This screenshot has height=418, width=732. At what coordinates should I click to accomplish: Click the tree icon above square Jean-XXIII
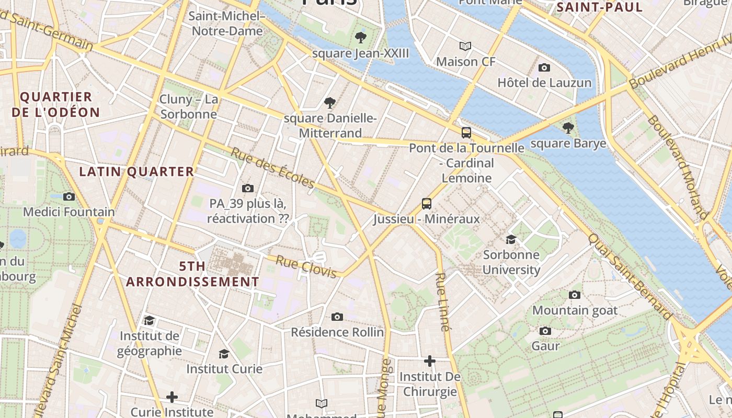coord(360,37)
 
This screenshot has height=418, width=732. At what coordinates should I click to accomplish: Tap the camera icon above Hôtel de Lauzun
coord(544,67)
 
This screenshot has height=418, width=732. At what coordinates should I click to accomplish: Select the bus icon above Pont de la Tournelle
coord(466,133)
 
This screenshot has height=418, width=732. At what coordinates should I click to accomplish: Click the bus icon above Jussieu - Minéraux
coord(427,203)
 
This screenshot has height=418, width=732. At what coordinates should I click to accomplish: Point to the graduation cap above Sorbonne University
coord(511,239)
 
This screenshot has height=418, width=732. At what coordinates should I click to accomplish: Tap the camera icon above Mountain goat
coord(575,295)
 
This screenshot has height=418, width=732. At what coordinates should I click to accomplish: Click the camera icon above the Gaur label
coord(545,331)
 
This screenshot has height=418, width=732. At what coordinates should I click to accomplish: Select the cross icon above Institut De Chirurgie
coord(430,361)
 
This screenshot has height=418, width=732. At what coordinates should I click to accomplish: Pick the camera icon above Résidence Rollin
coord(337,317)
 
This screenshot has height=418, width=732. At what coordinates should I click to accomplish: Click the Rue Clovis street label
coord(306,266)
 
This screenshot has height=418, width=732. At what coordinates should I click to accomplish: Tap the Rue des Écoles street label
coord(272,168)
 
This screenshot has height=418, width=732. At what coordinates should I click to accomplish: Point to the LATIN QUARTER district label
coord(136,171)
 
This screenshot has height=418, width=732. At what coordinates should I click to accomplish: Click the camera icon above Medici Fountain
coord(68,197)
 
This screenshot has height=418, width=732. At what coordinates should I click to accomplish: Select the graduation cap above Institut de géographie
coord(149,320)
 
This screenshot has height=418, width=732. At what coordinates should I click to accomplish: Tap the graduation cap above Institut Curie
coord(224,354)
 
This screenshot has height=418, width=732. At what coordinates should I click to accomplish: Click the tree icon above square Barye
coord(568,127)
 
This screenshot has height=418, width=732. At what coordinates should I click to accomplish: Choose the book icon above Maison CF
coord(465,46)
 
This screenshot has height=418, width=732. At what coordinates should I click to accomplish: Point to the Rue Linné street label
coord(442,302)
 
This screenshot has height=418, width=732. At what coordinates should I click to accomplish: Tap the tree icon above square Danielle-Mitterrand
coord(330,103)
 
